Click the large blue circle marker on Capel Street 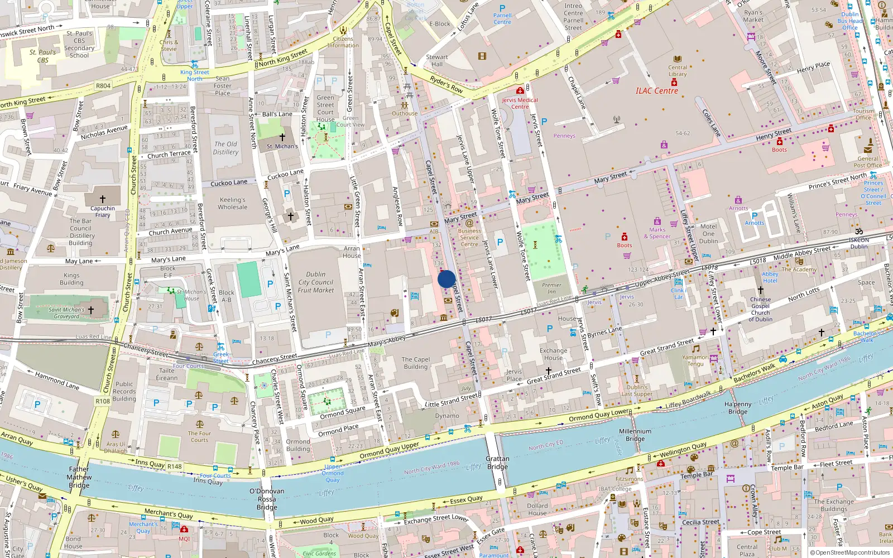pos(446,279)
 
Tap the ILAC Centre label pos(656,91)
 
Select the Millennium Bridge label pos(635,435)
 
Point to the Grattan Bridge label pos(497,463)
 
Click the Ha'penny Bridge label pos(738,408)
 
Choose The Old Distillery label pos(225,148)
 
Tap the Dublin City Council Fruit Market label pos(315,282)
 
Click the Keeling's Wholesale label pos(233,203)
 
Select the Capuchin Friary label pos(103,211)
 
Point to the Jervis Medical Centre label pos(520,103)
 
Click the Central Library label pos(678,71)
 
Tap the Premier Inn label pos(551,288)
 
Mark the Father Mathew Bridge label pos(79,477)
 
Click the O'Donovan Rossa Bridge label pos(267,499)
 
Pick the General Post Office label pos(867,162)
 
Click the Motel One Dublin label pos(708,234)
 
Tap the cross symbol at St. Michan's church pos(282,137)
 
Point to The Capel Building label pos(416,363)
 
